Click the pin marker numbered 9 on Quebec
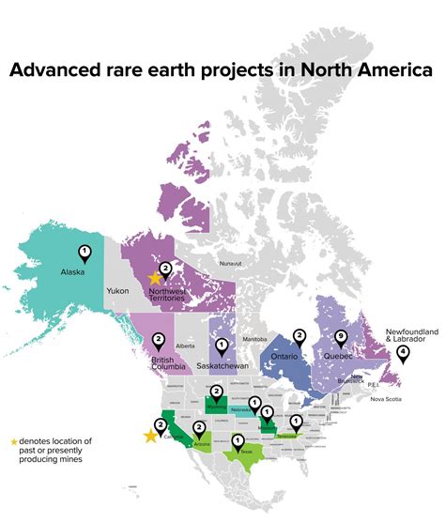341,339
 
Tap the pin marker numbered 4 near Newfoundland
403,354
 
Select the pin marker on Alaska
84,252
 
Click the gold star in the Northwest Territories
155,278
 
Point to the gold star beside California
150,436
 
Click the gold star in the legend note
13,441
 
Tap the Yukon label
117,291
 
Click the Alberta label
185,346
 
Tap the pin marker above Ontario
299,336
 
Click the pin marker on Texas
238,441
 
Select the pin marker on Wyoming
216,392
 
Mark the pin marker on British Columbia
159,340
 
